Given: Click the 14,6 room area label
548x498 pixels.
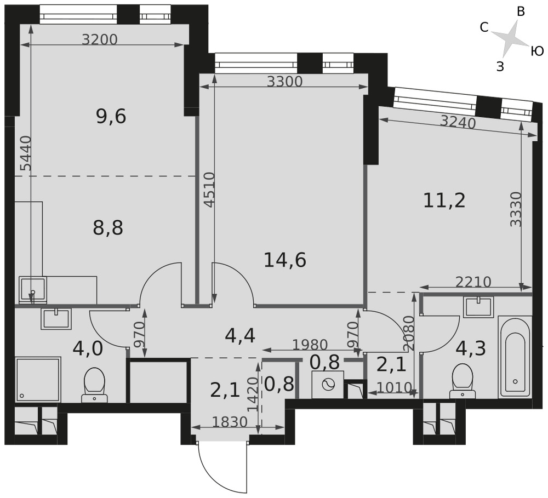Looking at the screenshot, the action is tap(285, 260).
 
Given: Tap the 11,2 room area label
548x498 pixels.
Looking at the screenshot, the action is tap(444, 201).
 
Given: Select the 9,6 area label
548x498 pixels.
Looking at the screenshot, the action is tap(111, 116).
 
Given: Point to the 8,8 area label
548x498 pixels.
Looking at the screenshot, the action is tap(108, 228).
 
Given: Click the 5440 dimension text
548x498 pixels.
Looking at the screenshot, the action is tap(26, 153).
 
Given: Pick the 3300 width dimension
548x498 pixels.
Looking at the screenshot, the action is tap(284, 82).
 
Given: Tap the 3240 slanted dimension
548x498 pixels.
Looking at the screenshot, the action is tap(458, 122).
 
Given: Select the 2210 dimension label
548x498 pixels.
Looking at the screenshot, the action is tap(473, 282).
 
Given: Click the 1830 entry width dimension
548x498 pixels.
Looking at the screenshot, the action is tap(230, 422).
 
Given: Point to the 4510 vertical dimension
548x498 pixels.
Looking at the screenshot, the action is tap(209, 190).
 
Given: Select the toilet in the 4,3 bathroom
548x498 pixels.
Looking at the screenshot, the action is tap(463, 381).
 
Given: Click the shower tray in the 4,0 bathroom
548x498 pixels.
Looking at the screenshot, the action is tap(38, 379).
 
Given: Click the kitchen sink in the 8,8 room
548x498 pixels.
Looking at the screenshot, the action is tap(32, 289).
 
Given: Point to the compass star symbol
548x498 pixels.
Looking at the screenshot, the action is tap(510, 38).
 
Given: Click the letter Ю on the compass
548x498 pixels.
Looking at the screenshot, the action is tap(537, 51).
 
